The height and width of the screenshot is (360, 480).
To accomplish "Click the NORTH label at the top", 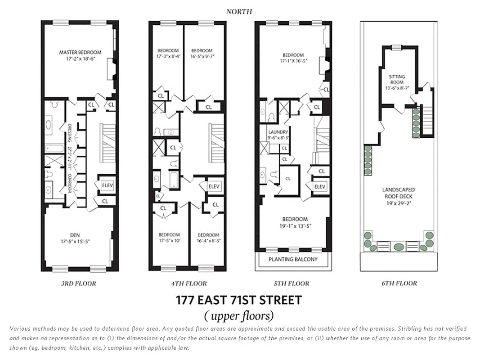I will [239, 11].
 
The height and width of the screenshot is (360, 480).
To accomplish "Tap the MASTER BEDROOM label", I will [80, 52].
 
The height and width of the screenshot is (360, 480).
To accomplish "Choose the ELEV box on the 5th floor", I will [319, 187].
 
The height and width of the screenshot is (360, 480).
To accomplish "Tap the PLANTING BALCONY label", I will [292, 260].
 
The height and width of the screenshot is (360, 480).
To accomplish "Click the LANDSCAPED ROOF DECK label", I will [398, 193].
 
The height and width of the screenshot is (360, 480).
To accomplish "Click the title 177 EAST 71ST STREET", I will [239, 300].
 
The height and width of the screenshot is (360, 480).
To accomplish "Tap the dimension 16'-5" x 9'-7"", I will [202, 56].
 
